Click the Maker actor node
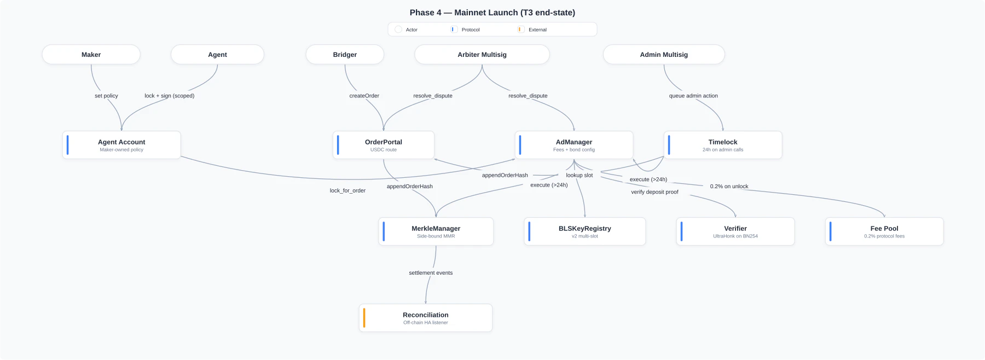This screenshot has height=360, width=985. click(x=91, y=55)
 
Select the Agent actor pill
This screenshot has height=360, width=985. click(x=217, y=55)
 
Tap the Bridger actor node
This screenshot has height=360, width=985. click(x=345, y=55)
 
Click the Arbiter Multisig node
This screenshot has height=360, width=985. click(x=482, y=55)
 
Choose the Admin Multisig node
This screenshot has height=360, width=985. click(x=664, y=55)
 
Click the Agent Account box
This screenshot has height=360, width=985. click(x=121, y=145)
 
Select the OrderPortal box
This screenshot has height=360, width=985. click(x=383, y=145)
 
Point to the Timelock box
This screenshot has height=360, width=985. click(x=722, y=145)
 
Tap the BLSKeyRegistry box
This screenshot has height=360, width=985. click(x=584, y=231)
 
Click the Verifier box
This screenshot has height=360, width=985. click(x=735, y=231)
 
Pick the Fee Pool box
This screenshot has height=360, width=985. click(x=884, y=231)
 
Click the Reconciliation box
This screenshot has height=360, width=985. click(x=425, y=318)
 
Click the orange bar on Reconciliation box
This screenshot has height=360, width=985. click(x=364, y=318)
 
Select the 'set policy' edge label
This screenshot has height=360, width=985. click(x=106, y=96)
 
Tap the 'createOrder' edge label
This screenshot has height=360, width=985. click(x=364, y=96)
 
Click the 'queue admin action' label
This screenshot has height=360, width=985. click(x=693, y=96)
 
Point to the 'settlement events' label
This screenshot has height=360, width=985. click(x=431, y=272)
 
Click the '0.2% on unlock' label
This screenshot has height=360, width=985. click(x=729, y=187)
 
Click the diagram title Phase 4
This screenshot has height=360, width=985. click(x=492, y=13)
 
